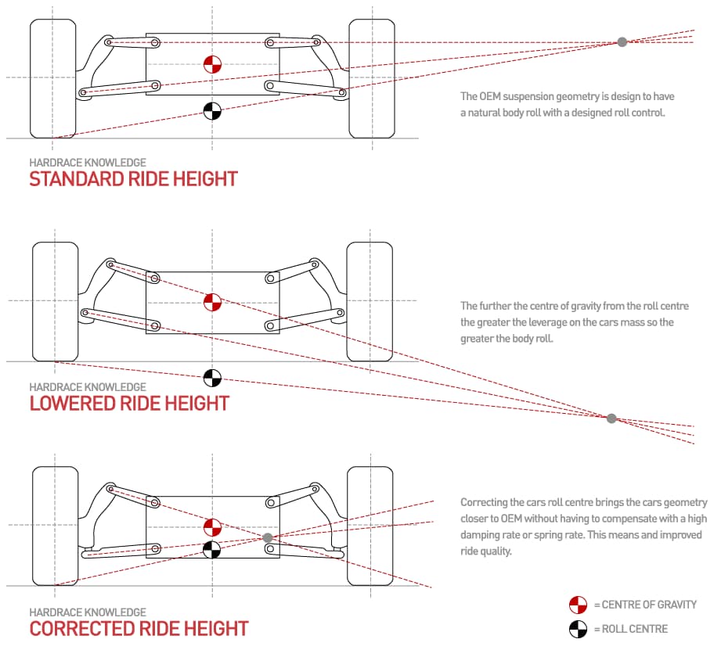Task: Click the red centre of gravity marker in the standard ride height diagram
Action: (211, 65)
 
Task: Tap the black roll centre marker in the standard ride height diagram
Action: (211, 111)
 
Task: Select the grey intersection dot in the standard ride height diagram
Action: (622, 41)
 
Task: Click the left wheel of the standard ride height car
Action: (52, 78)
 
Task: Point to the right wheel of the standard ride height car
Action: (370, 78)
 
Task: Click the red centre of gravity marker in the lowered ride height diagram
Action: (211, 302)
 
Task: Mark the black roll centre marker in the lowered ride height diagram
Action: (211, 378)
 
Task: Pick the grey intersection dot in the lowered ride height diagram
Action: (611, 418)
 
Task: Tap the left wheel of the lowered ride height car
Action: (55, 302)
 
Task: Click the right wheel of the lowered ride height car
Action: (370, 302)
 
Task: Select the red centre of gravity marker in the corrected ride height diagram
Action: (211, 526)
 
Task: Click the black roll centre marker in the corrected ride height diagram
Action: (211, 550)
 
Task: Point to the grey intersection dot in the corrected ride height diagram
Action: (268, 538)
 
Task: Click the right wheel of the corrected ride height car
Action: (370, 526)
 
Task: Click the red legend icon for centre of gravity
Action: (578, 605)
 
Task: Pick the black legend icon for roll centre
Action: (578, 628)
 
